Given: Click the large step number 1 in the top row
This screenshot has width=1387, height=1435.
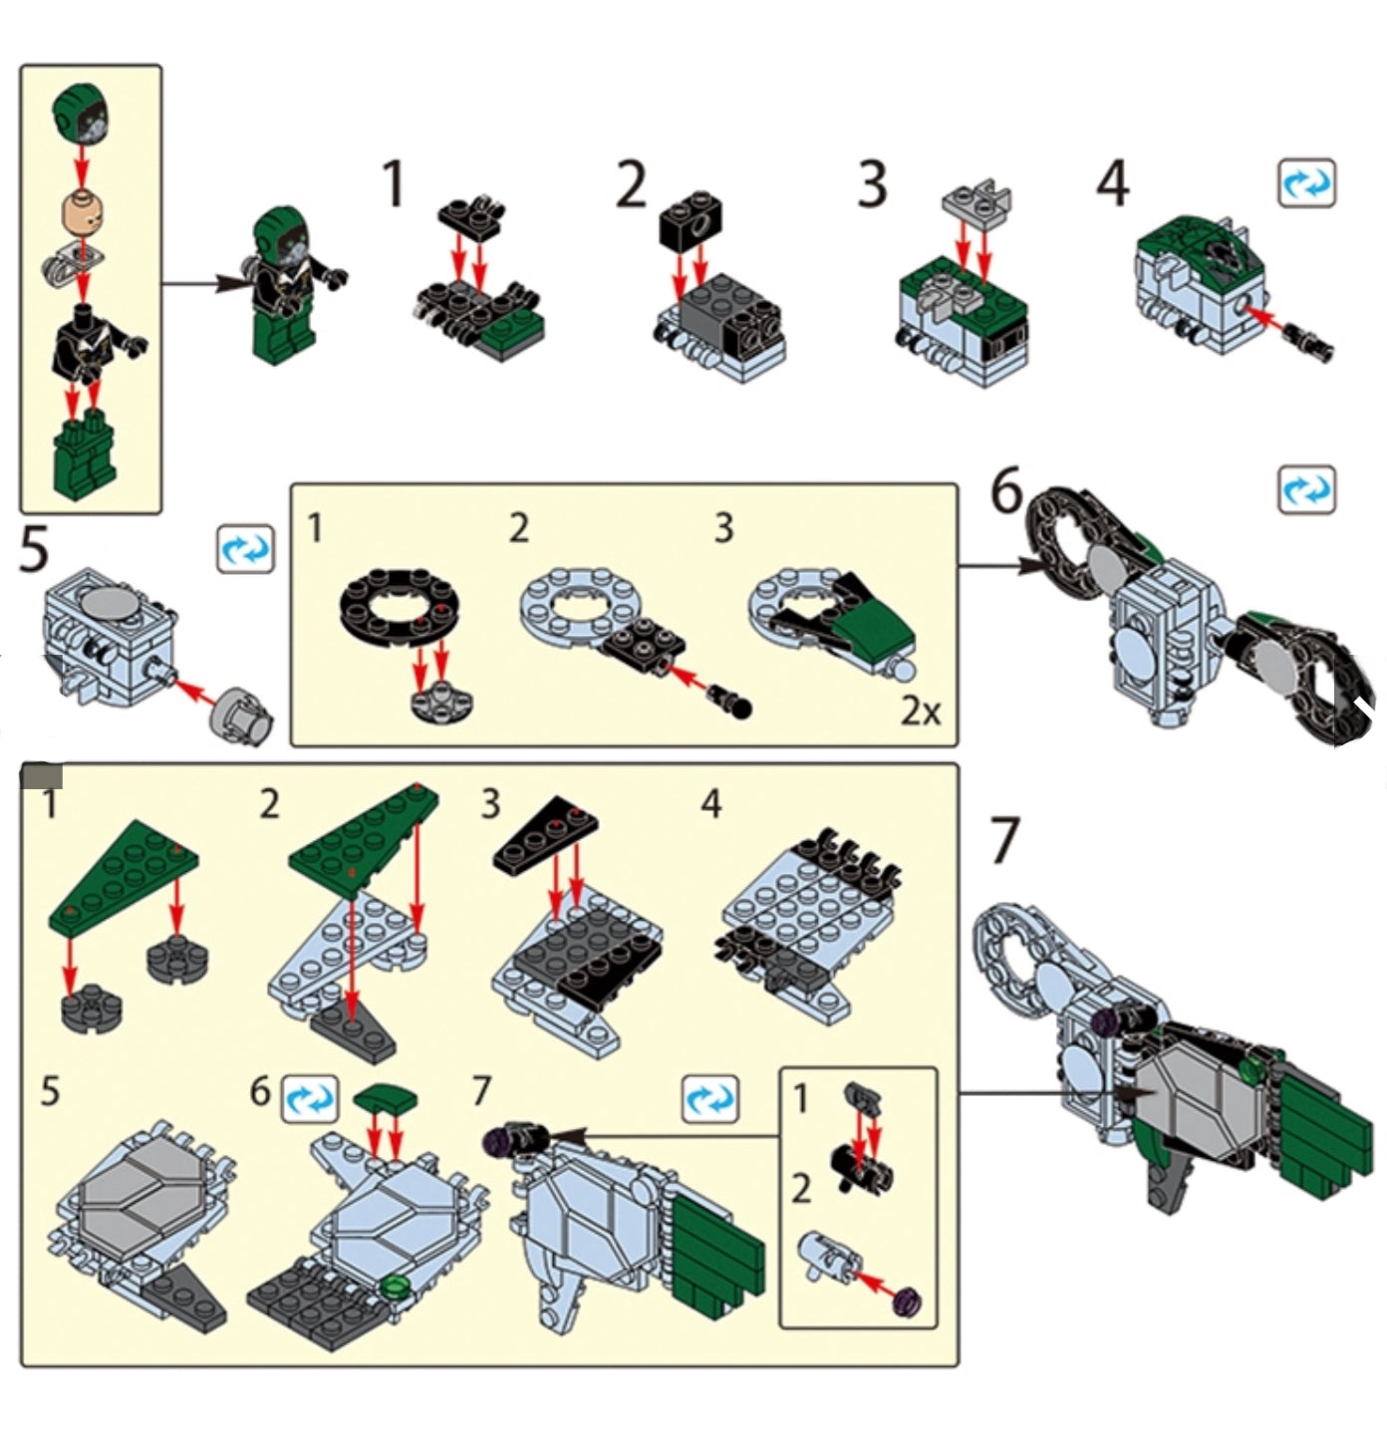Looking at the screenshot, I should click(394, 186).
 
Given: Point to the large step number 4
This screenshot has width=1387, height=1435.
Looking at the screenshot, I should click(1113, 186).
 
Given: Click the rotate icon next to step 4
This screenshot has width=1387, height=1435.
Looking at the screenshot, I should click(1305, 183).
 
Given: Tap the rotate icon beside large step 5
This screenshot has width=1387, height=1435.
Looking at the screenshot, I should click(245, 549).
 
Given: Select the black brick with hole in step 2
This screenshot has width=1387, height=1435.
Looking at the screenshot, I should click(691, 220).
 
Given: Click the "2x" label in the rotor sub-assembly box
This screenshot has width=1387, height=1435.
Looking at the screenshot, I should click(920, 712).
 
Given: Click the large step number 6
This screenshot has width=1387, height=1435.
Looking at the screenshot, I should click(1006, 492).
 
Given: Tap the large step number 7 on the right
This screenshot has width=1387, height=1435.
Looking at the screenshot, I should click(1004, 840).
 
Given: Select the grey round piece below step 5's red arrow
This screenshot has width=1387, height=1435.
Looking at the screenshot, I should click(244, 714).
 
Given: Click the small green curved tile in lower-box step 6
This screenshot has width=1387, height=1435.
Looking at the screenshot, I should click(386, 1098).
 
